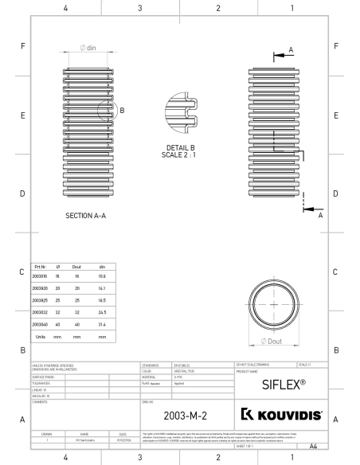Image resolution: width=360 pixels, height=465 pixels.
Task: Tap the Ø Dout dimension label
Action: click(x=274, y=341)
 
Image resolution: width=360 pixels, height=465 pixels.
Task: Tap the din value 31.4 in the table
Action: click(x=102, y=325)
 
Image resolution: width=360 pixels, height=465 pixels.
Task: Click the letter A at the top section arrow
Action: click(x=289, y=49)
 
